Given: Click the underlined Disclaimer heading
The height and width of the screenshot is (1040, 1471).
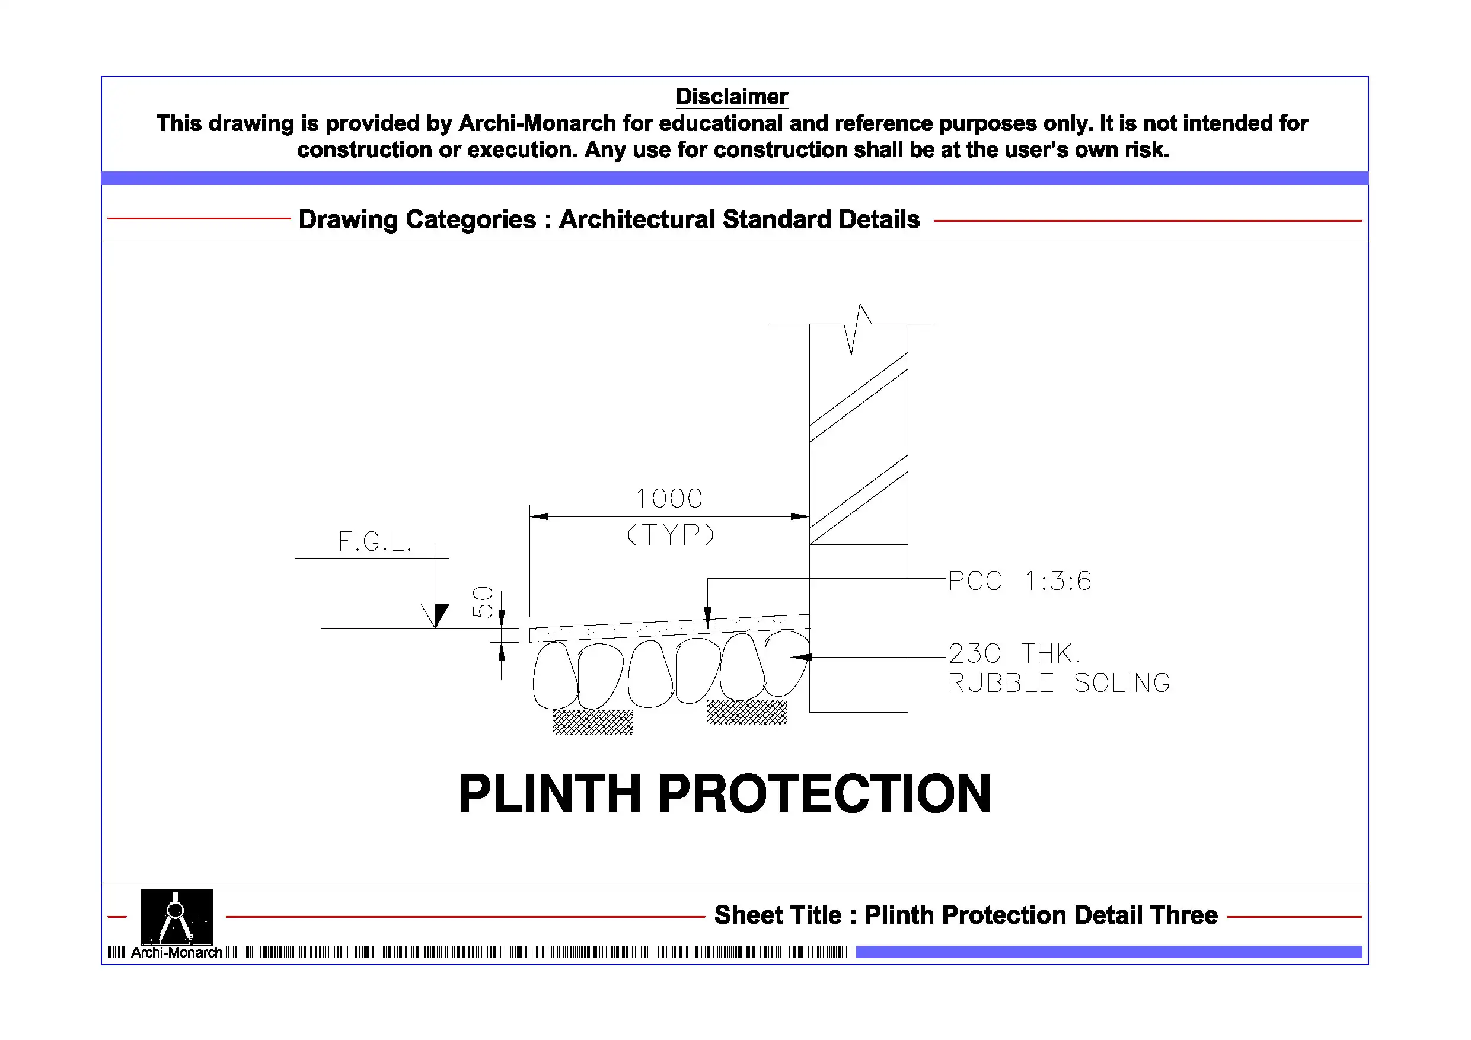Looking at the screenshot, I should click(x=731, y=97).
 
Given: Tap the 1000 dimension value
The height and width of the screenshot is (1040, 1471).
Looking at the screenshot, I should click(x=669, y=499).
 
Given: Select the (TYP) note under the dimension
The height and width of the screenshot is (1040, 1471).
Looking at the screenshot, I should click(x=669, y=534).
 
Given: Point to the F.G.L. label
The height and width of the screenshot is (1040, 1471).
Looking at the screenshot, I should click(x=375, y=542).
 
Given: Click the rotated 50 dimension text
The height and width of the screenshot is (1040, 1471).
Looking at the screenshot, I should click(x=483, y=602).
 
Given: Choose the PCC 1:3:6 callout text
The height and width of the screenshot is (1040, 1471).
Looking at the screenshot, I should click(x=1019, y=581).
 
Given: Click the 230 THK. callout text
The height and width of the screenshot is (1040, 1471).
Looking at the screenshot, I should click(x=1014, y=653).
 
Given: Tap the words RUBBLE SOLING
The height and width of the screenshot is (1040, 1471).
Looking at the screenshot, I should click(x=1058, y=683).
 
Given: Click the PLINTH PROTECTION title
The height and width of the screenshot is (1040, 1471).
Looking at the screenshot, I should click(x=725, y=794).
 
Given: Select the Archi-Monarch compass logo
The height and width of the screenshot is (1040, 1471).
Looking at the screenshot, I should click(x=176, y=916).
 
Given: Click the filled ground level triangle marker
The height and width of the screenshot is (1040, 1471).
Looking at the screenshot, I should click(x=439, y=614).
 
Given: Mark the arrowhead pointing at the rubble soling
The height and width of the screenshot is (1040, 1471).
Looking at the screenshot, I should click(x=801, y=657).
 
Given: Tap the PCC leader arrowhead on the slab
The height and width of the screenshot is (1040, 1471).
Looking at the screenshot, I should click(x=707, y=618).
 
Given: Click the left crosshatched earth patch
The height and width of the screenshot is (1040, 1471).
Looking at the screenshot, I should click(x=593, y=722).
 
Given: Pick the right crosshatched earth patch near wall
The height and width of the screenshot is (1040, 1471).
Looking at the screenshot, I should click(x=747, y=712).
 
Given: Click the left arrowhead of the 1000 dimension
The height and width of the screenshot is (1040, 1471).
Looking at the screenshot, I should click(x=539, y=516).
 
